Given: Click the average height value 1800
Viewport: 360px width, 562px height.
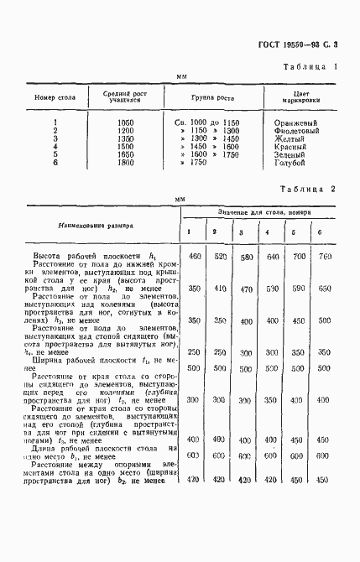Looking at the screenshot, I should (124, 164).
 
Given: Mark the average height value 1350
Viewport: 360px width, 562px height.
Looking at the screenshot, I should (124, 139).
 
